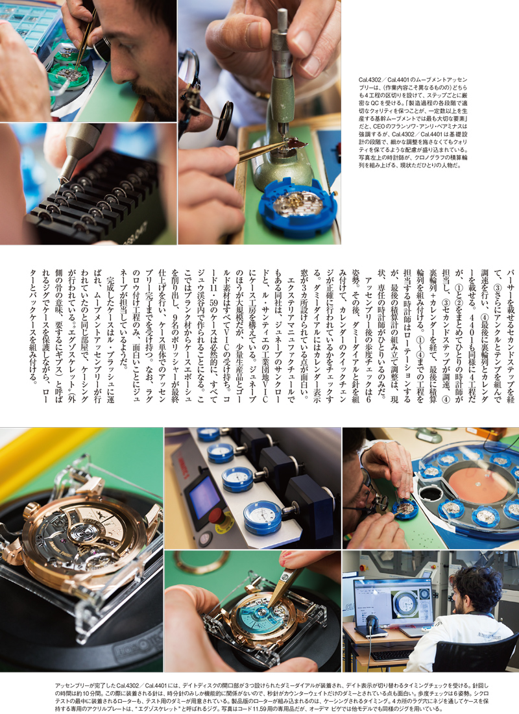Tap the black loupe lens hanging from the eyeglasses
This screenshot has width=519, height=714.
(x=225, y=120)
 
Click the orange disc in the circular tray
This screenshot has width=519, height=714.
(x=477, y=483)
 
